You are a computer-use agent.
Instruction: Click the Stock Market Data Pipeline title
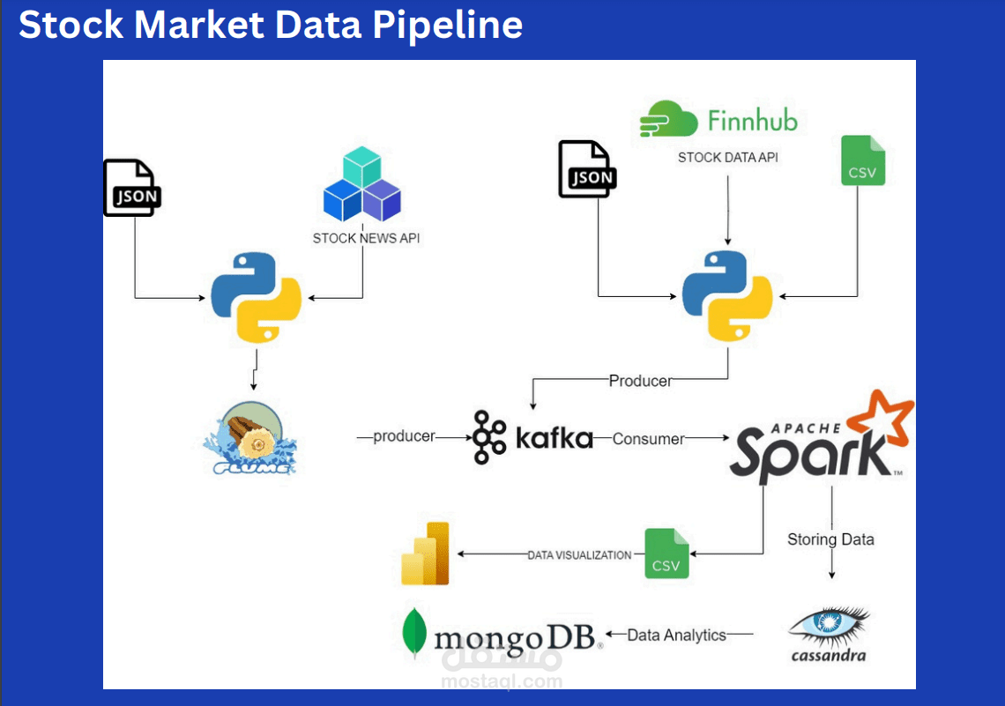270,26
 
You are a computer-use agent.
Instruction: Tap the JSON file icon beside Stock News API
132,188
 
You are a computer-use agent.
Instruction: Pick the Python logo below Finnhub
728,296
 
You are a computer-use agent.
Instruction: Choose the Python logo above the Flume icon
256,297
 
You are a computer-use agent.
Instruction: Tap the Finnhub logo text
752,120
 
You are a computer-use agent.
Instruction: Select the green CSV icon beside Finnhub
862,160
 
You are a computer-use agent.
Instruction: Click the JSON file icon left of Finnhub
587,169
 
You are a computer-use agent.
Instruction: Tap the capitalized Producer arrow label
640,381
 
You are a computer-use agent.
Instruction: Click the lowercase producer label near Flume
404,436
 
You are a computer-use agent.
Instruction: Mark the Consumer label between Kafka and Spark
648,438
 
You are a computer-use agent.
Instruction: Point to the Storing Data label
830,539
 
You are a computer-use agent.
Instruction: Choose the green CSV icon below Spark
666,554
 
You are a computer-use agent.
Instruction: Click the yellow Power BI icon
426,554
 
